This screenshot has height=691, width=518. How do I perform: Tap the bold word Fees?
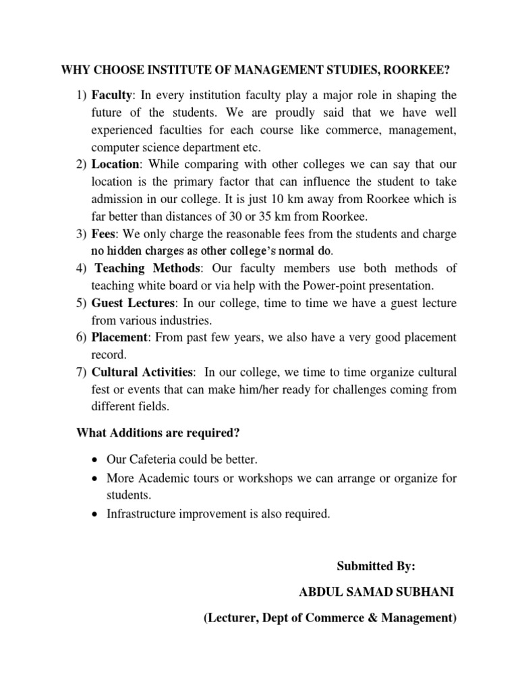(x=103, y=234)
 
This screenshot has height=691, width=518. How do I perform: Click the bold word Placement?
(x=119, y=337)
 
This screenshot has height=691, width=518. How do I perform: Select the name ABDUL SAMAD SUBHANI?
(x=376, y=592)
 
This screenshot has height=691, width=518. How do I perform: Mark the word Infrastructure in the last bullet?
(x=140, y=514)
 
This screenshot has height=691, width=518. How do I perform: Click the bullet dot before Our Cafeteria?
(x=94, y=460)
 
